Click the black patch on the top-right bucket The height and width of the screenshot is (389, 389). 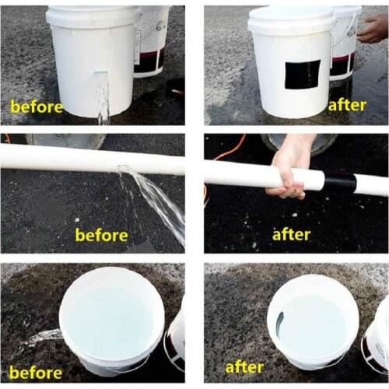click(x=301, y=74)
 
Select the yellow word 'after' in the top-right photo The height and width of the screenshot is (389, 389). click(x=346, y=104)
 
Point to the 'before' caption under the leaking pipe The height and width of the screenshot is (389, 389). click(x=101, y=234)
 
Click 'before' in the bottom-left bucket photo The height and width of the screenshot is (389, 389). click(x=35, y=372)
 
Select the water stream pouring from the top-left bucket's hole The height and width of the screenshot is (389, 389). click(x=103, y=101)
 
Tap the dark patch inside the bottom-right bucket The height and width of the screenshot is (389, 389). click(x=279, y=318)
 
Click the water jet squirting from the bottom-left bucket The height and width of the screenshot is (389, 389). click(x=43, y=337)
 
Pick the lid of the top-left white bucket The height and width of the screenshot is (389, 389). click(x=93, y=16)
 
